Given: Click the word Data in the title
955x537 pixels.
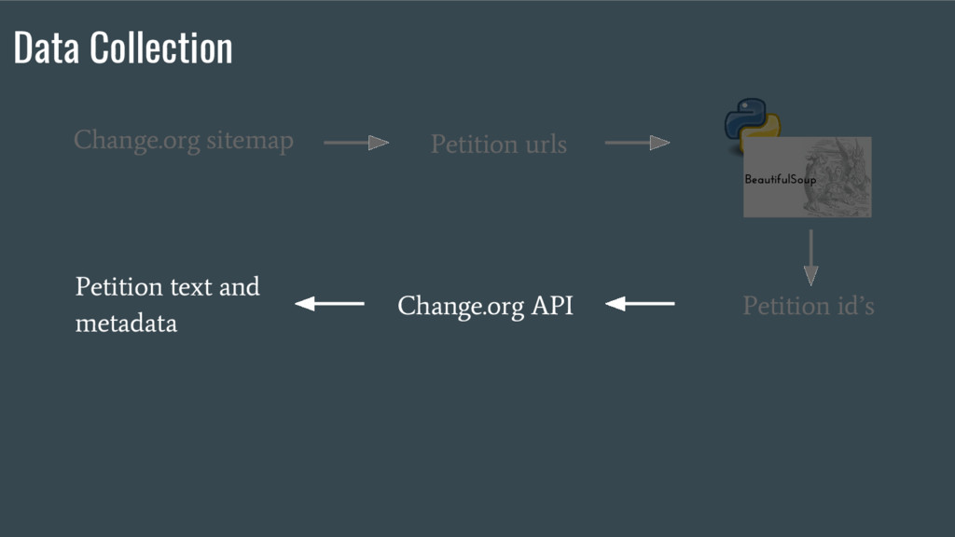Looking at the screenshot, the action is (48, 48).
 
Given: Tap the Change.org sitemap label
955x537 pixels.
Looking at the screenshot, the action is (184, 141).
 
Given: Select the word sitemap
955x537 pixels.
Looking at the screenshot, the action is (250, 141).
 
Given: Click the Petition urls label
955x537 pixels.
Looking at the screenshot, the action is (498, 145).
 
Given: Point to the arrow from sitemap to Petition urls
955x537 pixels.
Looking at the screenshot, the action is (356, 143).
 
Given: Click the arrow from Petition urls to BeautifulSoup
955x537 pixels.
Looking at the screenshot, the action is (638, 143).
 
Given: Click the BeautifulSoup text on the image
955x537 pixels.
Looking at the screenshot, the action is (780, 179).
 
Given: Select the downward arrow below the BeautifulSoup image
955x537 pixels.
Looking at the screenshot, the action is (810, 257).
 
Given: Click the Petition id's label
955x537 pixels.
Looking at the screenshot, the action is (808, 306).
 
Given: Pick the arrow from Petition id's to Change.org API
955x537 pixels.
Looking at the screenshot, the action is (640, 304).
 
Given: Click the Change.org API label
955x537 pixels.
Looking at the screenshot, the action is (485, 305).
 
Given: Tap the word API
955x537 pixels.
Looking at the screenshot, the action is (552, 305).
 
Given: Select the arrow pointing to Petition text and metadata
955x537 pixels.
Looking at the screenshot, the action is (329, 304).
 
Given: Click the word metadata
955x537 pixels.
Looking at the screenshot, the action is (126, 324).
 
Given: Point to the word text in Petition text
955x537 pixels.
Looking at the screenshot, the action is (191, 286).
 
